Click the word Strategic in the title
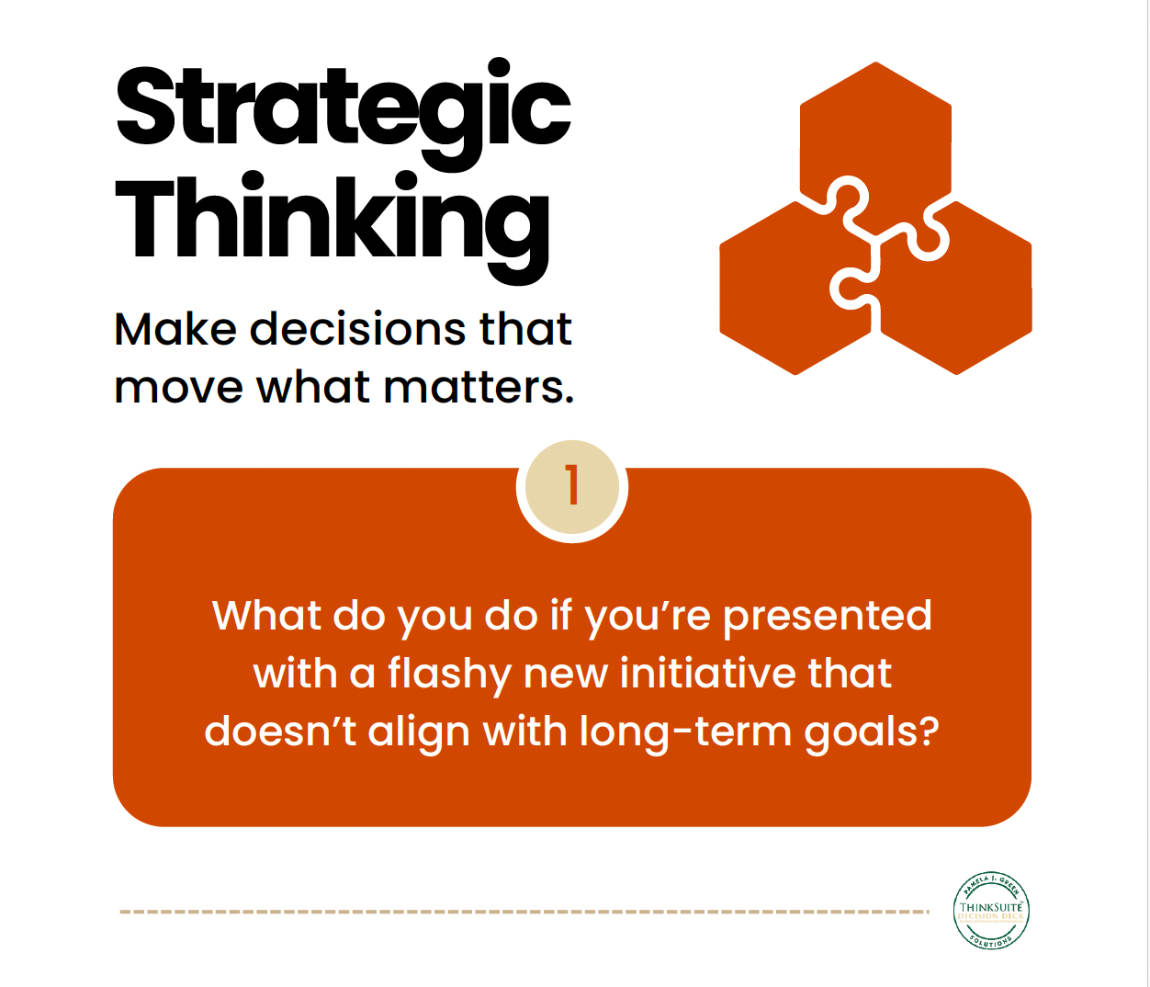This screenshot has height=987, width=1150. [343, 108]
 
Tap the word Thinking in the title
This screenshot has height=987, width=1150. [332, 221]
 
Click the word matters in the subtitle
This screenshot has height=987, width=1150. [479, 388]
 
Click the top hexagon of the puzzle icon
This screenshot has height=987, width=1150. [875, 129]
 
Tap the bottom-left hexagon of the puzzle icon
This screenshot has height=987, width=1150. [785, 294]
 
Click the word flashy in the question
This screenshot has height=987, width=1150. [448, 675]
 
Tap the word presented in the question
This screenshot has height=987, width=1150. [827, 617]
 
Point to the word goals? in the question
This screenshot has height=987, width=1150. [872, 733]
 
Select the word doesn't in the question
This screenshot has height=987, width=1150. [280, 732]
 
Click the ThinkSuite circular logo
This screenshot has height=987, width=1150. [991, 911]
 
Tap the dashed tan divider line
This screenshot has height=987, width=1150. [524, 912]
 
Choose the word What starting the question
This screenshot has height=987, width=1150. [266, 616]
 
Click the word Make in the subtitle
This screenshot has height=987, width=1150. [175, 329]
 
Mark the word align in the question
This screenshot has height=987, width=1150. [419, 733]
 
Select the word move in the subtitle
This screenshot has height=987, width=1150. [178, 388]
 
